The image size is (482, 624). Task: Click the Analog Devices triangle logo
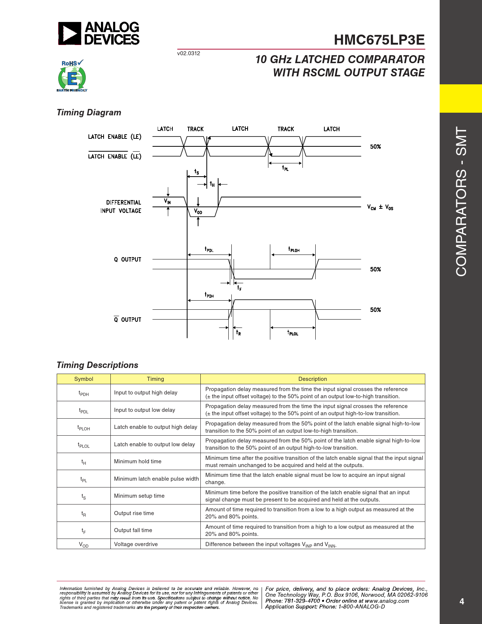[x=70, y=34]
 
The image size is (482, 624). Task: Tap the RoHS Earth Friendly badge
[x=72, y=76]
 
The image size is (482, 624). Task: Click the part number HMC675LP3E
[x=379, y=40]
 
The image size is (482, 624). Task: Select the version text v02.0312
[x=189, y=53]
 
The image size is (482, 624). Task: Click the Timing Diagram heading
[x=89, y=112]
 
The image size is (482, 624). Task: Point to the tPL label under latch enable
[x=285, y=168]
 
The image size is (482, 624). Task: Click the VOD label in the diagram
[x=198, y=211]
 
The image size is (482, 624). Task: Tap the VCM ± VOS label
[x=380, y=207]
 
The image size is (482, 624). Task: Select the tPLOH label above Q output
[x=294, y=249]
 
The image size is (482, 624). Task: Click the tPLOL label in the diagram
[x=293, y=333]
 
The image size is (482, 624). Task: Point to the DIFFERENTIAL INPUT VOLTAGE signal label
[x=121, y=206]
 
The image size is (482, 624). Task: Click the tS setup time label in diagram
[x=197, y=172]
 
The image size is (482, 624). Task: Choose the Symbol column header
[x=84, y=379]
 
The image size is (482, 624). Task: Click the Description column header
[x=313, y=379]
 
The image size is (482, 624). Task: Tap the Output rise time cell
[x=134, y=513]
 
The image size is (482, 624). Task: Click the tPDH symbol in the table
[x=84, y=393]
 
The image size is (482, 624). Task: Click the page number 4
[x=462, y=601]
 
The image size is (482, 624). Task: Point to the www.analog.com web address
[x=387, y=601]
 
